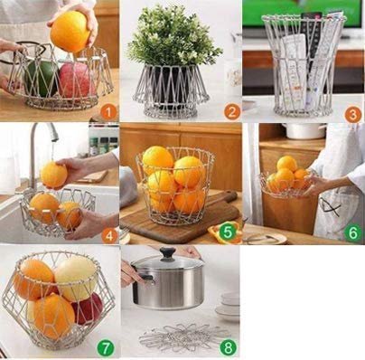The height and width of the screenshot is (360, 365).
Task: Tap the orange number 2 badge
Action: [x=231, y=112]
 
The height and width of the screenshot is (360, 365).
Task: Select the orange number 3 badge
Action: [x=353, y=114]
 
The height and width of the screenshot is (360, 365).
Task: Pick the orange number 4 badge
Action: [x=109, y=236]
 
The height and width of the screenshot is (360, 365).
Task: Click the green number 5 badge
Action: [x=228, y=232]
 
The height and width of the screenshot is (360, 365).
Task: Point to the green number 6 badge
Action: [x=352, y=232]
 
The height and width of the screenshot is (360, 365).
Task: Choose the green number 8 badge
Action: [x=228, y=347]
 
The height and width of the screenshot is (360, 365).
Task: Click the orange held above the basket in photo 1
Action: [x=70, y=32]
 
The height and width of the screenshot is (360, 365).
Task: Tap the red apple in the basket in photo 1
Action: [x=77, y=80]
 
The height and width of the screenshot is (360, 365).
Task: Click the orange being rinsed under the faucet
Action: [x=53, y=175]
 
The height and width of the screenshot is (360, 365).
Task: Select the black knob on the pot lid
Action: [x=167, y=254]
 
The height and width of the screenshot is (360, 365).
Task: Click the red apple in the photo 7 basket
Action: [x=88, y=308]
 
